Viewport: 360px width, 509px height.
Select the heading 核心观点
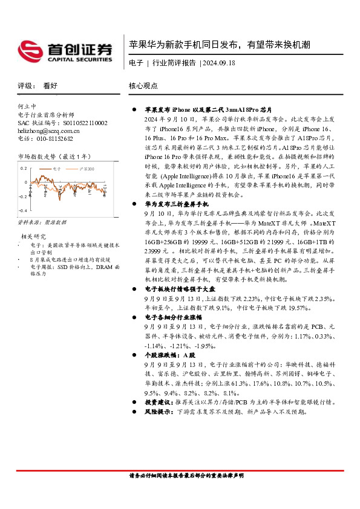tap(143, 86)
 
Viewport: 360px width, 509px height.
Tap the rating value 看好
tap(50, 86)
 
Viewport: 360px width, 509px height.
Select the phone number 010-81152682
tap(54, 138)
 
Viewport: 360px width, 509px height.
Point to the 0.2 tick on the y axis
tap(24, 169)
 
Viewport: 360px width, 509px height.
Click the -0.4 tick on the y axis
tap(23, 210)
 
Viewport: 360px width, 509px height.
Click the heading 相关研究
tap(33, 236)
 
